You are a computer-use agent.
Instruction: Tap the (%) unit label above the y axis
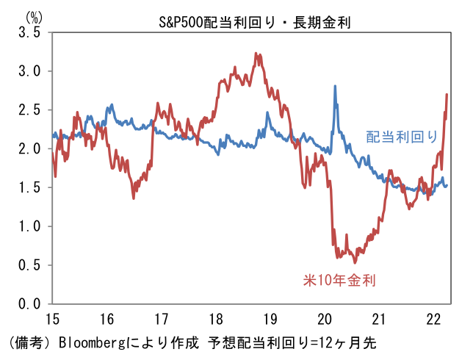(x=34, y=15)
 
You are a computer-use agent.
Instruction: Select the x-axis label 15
(x=53, y=319)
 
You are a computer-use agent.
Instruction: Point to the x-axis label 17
(x=162, y=319)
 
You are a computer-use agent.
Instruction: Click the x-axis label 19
(x=270, y=319)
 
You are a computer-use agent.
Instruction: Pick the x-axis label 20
(x=325, y=319)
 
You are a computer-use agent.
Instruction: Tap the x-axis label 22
(x=433, y=319)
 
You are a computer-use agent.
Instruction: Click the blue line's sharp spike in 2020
(x=336, y=87)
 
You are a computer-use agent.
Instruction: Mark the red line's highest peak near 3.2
(x=255, y=54)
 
